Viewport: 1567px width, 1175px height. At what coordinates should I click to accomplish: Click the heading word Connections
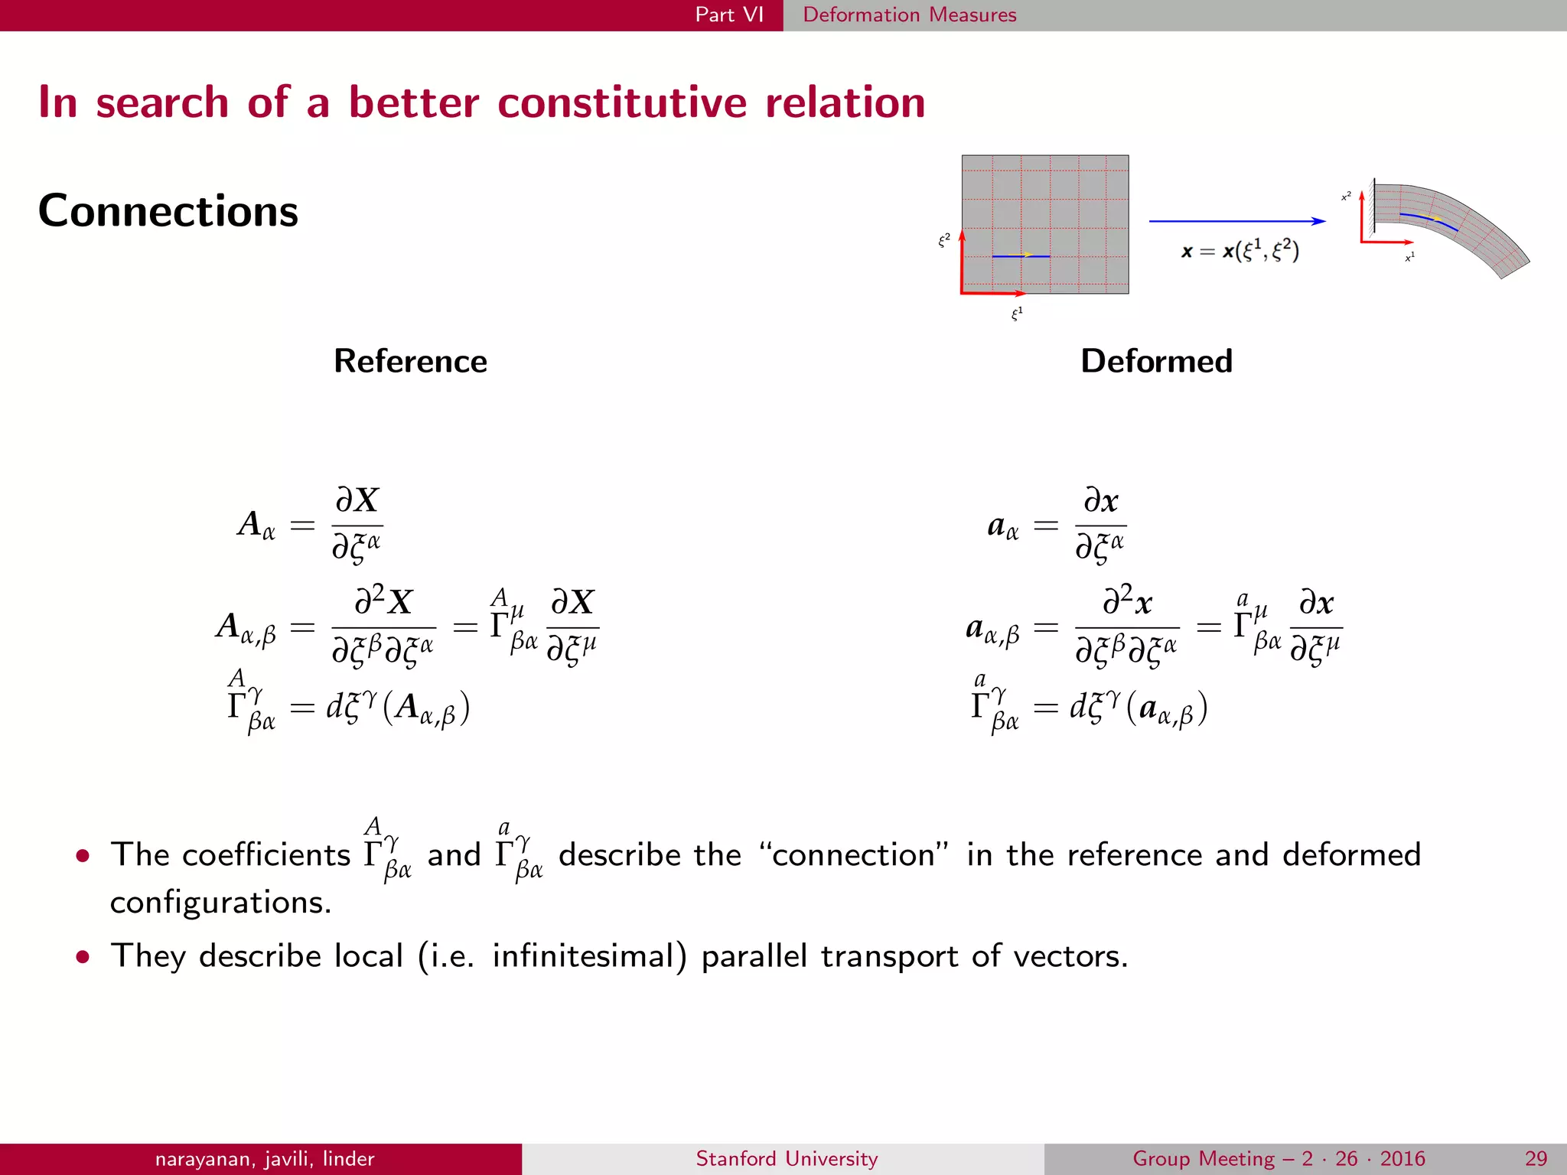point(168,211)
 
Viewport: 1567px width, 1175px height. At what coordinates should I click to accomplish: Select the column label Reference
point(410,361)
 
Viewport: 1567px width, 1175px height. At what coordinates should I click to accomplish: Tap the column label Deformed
point(1156,361)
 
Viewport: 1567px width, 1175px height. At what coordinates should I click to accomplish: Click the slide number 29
point(1535,1158)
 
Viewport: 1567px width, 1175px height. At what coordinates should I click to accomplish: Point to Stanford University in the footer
point(787,1158)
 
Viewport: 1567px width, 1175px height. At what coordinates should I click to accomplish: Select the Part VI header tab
point(729,15)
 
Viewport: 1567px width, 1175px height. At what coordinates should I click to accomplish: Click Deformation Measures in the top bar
point(909,15)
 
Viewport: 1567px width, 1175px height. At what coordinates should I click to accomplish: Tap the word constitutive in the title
point(621,103)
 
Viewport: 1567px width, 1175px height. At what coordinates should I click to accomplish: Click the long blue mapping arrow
point(1236,221)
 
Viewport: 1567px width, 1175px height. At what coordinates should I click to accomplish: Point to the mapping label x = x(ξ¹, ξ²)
point(1240,251)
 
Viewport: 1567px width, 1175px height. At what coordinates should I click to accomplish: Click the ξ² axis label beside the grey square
point(944,240)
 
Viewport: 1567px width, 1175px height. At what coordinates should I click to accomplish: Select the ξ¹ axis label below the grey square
point(1017,314)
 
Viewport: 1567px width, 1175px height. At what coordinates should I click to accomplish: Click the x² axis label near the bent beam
point(1346,197)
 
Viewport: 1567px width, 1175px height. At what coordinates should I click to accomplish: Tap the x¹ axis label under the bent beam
point(1409,257)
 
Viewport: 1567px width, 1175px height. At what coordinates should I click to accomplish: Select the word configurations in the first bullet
point(220,903)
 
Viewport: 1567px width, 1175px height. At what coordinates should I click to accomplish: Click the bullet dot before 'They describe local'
point(83,957)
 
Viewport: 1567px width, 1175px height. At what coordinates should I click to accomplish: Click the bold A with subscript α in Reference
point(256,525)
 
